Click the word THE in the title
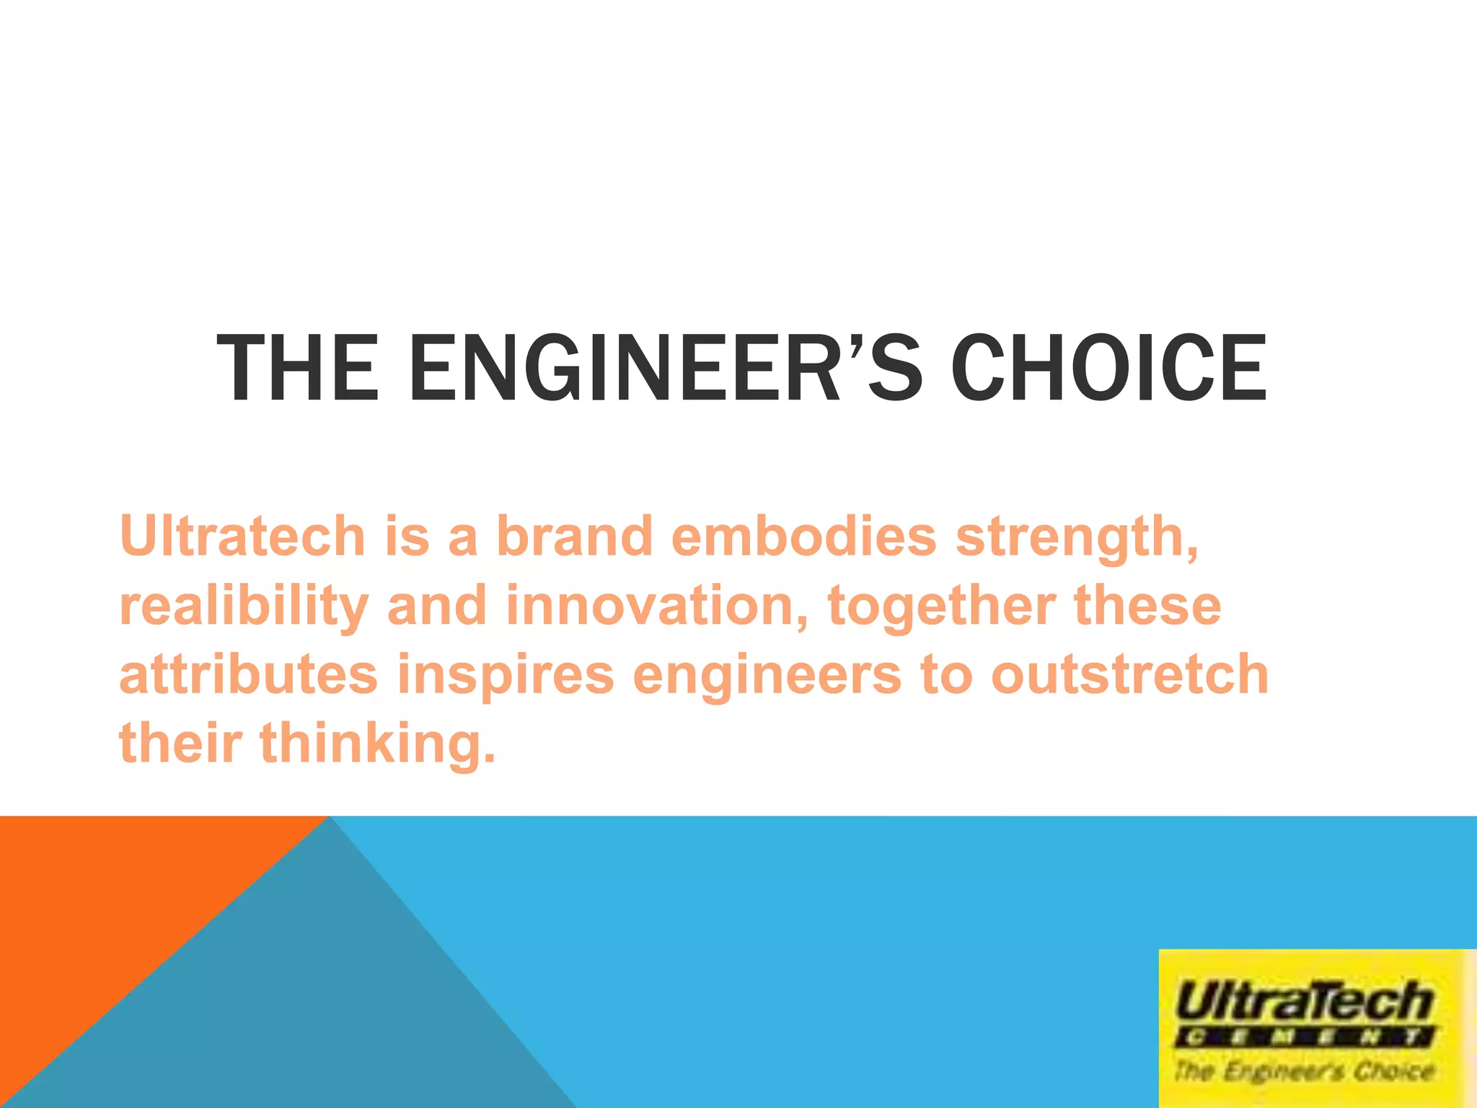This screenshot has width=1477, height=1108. point(297,368)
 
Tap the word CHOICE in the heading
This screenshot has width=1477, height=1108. point(1108,368)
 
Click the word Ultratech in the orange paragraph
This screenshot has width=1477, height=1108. point(243,537)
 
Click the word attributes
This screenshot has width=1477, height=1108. point(248,675)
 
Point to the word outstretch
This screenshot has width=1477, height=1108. point(1129,675)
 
